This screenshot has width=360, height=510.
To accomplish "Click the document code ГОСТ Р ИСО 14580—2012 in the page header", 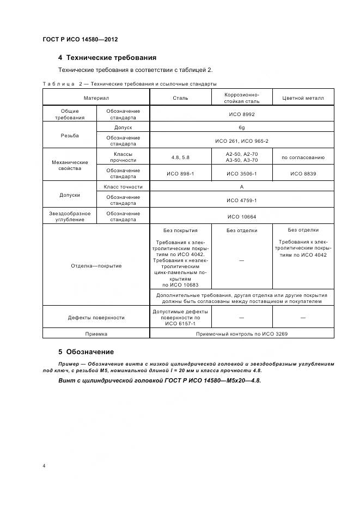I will (80, 40).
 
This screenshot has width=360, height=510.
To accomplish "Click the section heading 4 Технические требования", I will (107, 57).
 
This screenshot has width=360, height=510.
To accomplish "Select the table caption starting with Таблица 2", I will (130, 84).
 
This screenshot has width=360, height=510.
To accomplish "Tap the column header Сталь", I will (180, 98).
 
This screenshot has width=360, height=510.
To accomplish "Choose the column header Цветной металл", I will (303, 98).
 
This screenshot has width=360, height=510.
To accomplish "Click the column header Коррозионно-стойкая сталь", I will (241, 98).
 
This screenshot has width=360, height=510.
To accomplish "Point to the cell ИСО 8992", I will (241, 114).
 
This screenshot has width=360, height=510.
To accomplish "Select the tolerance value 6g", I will (241, 127).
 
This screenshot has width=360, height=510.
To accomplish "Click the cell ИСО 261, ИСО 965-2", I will (241, 141).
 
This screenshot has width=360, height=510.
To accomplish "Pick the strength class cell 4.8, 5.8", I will (180, 157).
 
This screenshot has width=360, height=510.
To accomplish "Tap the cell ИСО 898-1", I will (180, 173).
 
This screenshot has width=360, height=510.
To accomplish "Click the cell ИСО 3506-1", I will (241, 173).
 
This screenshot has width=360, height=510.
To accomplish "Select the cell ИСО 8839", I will (303, 173).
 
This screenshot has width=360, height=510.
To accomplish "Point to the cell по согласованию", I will (303, 157).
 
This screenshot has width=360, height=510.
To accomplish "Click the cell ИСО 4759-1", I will (241, 200).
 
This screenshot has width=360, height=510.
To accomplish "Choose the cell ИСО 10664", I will (241, 216).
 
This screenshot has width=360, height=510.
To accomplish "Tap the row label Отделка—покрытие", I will (96, 266).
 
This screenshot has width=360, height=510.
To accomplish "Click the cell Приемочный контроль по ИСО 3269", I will (241, 333).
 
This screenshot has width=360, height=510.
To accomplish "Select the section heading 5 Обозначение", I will (86, 351).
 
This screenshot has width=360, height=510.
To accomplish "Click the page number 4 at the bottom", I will (44, 466).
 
